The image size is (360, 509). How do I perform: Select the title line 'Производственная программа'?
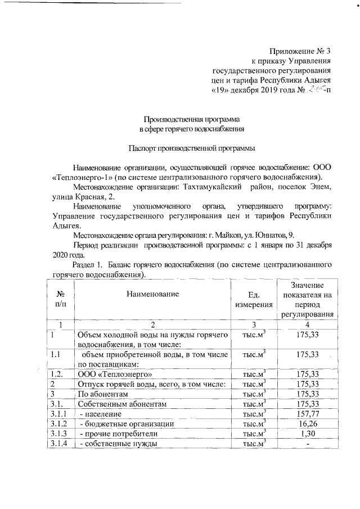coord(192,120)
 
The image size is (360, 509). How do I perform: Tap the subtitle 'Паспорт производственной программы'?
coord(192,148)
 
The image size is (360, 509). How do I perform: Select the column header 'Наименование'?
coord(152,294)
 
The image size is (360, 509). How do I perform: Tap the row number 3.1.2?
coord(58,424)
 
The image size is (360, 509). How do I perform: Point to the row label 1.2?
coord(56,373)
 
